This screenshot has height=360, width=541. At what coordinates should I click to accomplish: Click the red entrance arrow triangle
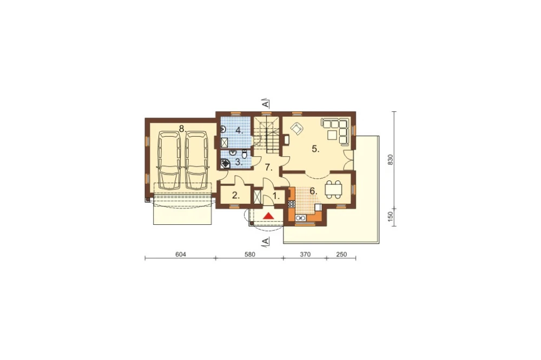(x=268, y=216)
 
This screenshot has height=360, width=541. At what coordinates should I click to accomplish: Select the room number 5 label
(x=315, y=149)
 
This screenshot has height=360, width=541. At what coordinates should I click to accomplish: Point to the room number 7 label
(x=268, y=168)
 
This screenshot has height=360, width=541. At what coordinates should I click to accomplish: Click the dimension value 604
(x=181, y=255)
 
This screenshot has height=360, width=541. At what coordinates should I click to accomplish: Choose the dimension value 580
(x=250, y=255)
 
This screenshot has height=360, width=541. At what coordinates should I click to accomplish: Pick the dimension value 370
(x=305, y=255)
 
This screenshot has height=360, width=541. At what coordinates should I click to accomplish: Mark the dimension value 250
(x=341, y=255)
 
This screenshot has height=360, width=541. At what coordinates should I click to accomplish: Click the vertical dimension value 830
(x=391, y=159)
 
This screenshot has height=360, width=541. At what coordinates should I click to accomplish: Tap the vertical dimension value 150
(x=391, y=217)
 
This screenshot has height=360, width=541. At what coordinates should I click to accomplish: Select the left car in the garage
(x=169, y=161)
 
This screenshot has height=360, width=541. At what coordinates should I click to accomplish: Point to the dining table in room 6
(x=334, y=189)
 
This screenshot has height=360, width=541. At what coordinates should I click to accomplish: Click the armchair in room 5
(x=296, y=128)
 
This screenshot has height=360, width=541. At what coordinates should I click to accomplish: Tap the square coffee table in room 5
(x=333, y=135)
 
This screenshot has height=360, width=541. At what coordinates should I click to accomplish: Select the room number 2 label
(x=236, y=196)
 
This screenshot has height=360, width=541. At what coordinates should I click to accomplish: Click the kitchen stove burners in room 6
(x=292, y=204)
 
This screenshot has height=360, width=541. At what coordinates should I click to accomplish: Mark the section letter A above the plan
(x=265, y=103)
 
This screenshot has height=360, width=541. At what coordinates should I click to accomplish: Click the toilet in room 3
(x=245, y=155)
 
